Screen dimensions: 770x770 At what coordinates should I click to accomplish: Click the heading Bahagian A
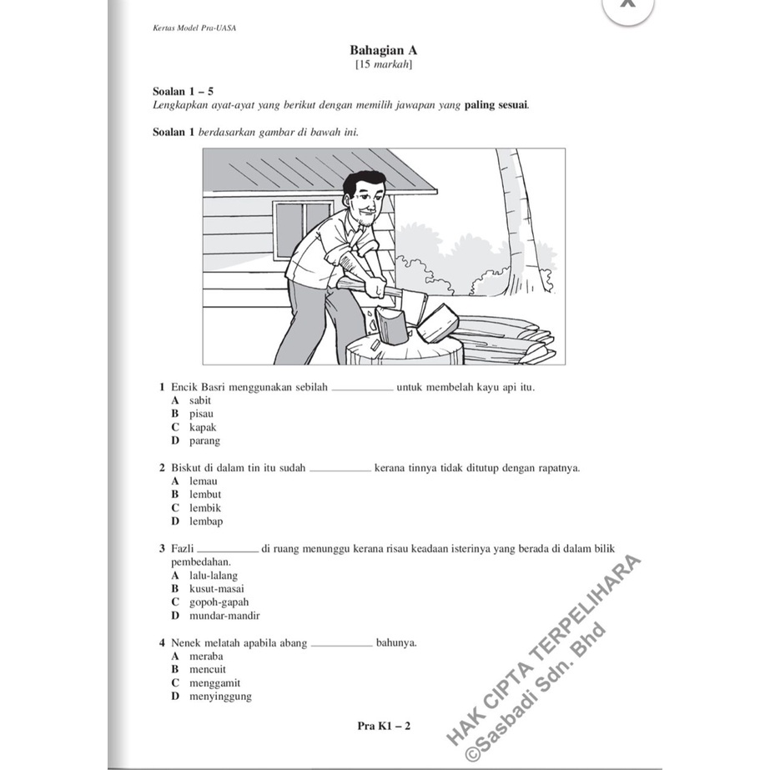[384, 50]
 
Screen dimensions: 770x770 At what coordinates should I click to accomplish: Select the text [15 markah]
[384, 64]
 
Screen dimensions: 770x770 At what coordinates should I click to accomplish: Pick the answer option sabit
[200, 400]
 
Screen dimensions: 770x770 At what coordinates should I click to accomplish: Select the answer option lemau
[203, 481]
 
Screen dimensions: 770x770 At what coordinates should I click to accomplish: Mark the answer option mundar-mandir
[224, 616]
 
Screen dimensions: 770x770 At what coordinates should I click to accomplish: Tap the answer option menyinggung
[220, 697]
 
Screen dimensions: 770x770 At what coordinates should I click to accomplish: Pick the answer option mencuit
[207, 669]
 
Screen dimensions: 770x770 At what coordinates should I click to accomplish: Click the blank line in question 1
[362, 389]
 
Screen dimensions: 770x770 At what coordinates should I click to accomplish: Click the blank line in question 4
[342, 644]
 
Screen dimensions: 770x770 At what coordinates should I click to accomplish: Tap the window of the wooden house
[302, 229]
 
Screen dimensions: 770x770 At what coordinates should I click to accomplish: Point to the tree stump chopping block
[405, 350]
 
